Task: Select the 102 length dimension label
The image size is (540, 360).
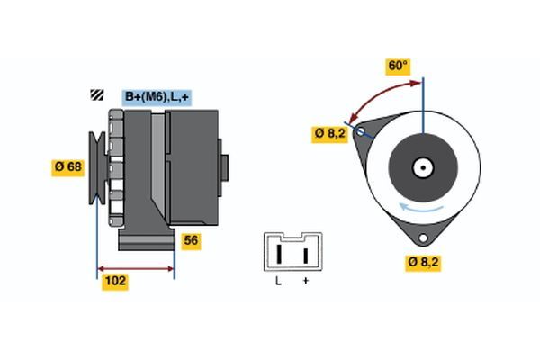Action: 115,281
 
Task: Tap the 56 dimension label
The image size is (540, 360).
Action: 191,240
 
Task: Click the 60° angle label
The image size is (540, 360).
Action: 398,66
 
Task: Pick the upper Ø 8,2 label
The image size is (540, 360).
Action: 329,133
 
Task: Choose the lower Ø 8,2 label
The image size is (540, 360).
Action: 423,262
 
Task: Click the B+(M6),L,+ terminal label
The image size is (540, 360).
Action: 157,95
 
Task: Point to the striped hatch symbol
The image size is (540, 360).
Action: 95,95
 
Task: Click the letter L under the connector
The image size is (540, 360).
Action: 278,283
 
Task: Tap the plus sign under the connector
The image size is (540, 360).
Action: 306,283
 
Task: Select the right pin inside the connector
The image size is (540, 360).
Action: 306,254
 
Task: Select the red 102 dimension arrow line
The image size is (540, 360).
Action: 135,268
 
